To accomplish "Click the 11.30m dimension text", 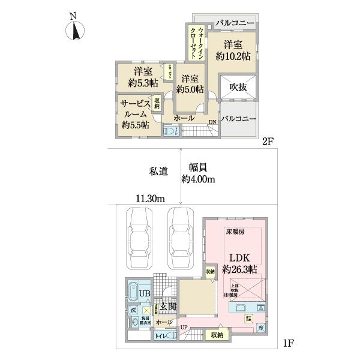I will coord(150,199).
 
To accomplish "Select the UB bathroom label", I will coord(144,293).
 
